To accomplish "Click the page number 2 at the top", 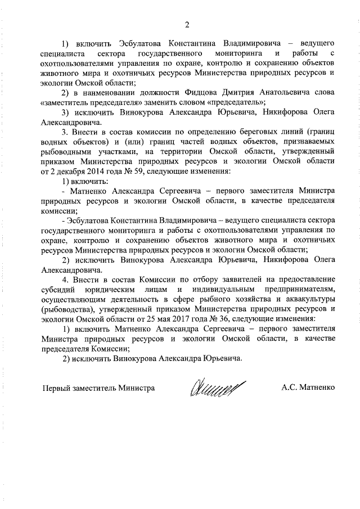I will (187, 24).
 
